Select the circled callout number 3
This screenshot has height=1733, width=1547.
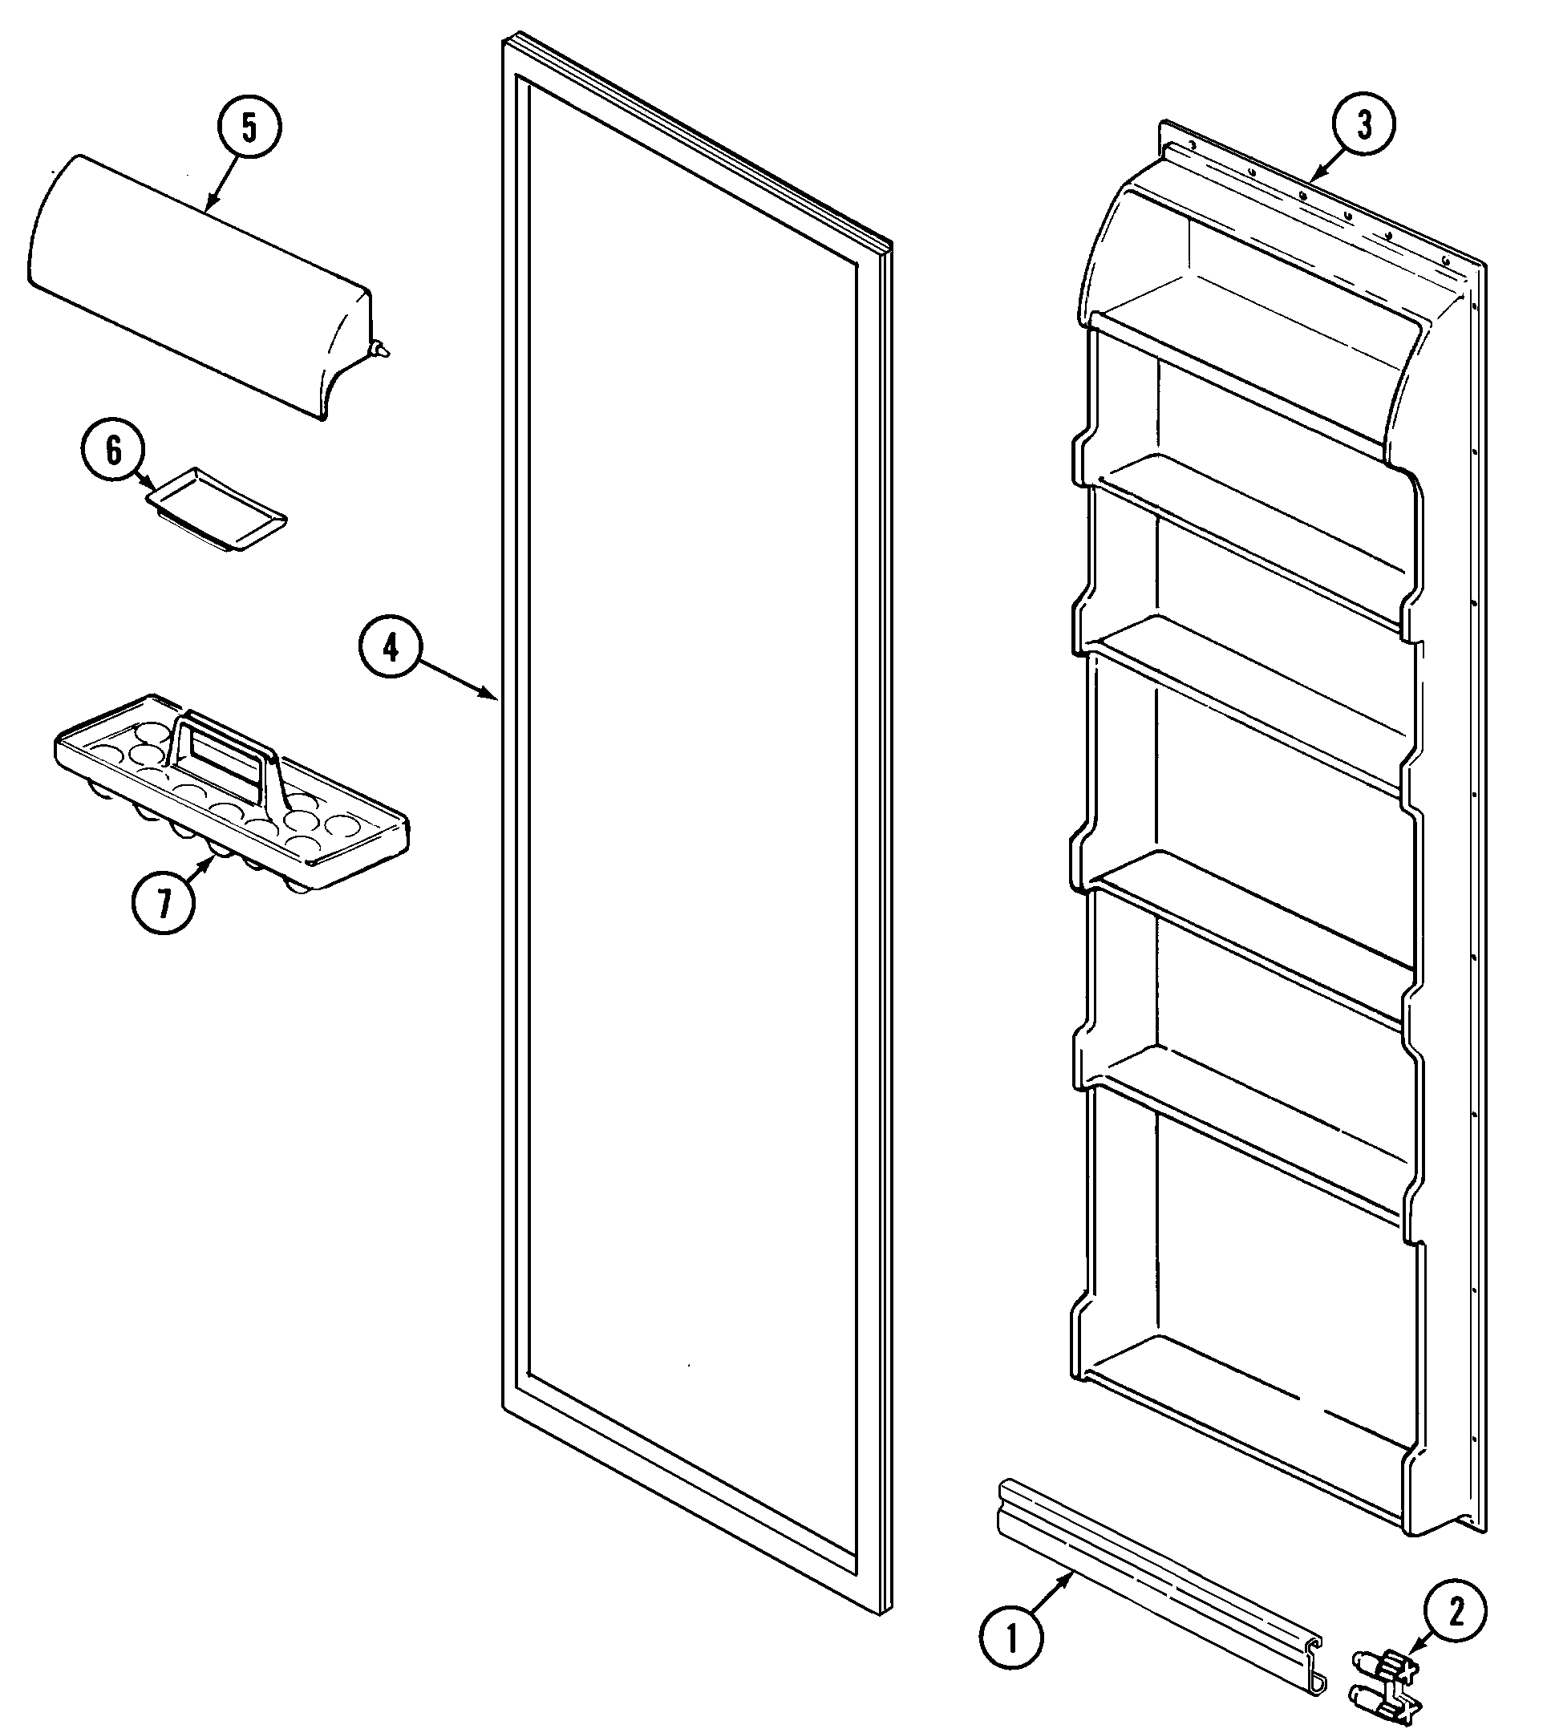[1364, 125]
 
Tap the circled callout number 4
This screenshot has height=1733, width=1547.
[390, 649]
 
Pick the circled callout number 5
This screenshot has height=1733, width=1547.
[248, 128]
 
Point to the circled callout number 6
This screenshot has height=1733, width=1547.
[113, 451]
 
